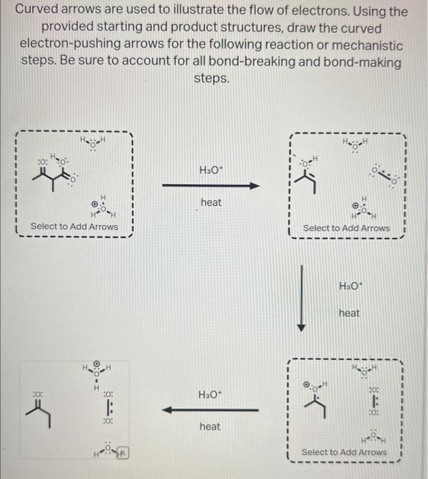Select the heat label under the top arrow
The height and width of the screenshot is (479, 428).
click(x=211, y=203)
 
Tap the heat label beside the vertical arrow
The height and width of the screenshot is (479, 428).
click(x=349, y=313)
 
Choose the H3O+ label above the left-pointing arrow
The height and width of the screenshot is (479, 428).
click(x=210, y=395)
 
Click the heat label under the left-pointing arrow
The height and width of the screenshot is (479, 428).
click(x=210, y=426)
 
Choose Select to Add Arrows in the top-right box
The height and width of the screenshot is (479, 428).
click(x=347, y=228)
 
